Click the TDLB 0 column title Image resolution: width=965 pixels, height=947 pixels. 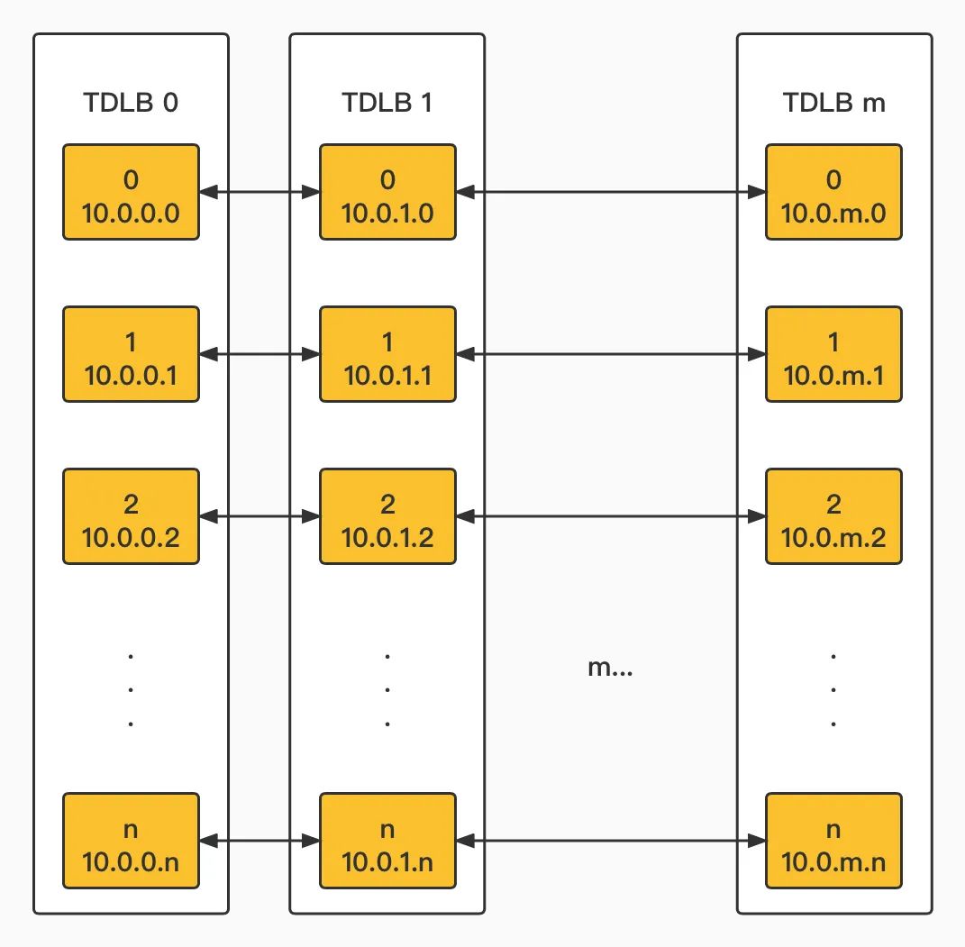click(131, 102)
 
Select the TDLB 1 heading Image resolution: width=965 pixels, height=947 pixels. click(387, 102)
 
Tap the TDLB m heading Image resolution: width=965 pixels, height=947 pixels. click(834, 102)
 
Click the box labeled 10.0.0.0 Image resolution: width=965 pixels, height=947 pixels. click(131, 192)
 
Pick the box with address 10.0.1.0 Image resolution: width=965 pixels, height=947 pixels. click(387, 192)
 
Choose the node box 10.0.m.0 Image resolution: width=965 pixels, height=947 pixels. click(834, 192)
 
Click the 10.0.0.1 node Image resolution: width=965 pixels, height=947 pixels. click(131, 354)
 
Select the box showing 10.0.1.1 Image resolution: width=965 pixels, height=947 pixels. click(387, 354)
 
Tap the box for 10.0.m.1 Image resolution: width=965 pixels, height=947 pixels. click(834, 354)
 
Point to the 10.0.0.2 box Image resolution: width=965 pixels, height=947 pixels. click(131, 516)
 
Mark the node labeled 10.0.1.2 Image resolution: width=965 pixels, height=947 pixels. click(387, 516)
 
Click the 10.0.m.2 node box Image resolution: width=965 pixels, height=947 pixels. click(834, 516)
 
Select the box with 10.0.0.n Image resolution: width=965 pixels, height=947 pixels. click(131, 841)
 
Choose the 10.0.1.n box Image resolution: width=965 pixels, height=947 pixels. click(387, 841)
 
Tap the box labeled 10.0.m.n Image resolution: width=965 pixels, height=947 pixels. click(834, 841)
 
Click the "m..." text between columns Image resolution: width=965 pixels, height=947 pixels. click(610, 667)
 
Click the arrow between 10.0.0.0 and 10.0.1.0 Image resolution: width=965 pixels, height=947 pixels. click(259, 192)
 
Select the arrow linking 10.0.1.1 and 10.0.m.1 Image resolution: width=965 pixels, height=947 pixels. click(611, 354)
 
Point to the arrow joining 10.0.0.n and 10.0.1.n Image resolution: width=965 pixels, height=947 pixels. click(259, 841)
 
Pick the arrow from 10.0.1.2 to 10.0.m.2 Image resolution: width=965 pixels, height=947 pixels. click(611, 516)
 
